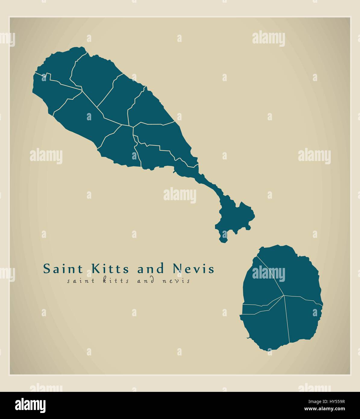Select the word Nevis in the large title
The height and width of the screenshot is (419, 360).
coord(193,268)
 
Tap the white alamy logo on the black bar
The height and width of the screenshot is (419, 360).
coord(30,405)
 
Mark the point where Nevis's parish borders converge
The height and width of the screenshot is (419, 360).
coord(284,295)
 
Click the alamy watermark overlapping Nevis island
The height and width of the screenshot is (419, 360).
coord(268,274)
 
